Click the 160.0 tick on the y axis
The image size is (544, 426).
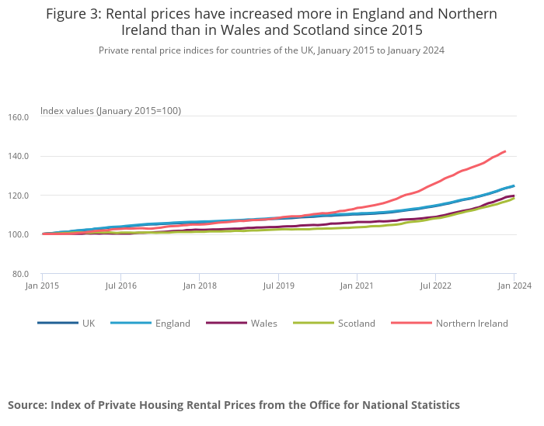(18, 117)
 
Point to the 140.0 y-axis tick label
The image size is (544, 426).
(18, 156)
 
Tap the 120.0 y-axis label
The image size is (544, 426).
(18, 196)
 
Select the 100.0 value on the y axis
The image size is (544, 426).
(18, 234)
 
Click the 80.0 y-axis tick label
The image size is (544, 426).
(19, 274)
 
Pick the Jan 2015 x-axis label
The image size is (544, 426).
(42, 286)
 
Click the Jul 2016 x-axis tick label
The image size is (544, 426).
(120, 286)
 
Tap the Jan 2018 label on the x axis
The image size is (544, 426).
(199, 286)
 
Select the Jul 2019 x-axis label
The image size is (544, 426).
(278, 286)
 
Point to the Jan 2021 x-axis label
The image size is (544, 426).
(357, 286)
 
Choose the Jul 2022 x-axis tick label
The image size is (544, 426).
(435, 286)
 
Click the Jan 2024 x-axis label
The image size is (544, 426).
(514, 286)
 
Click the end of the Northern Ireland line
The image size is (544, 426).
(505, 151)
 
